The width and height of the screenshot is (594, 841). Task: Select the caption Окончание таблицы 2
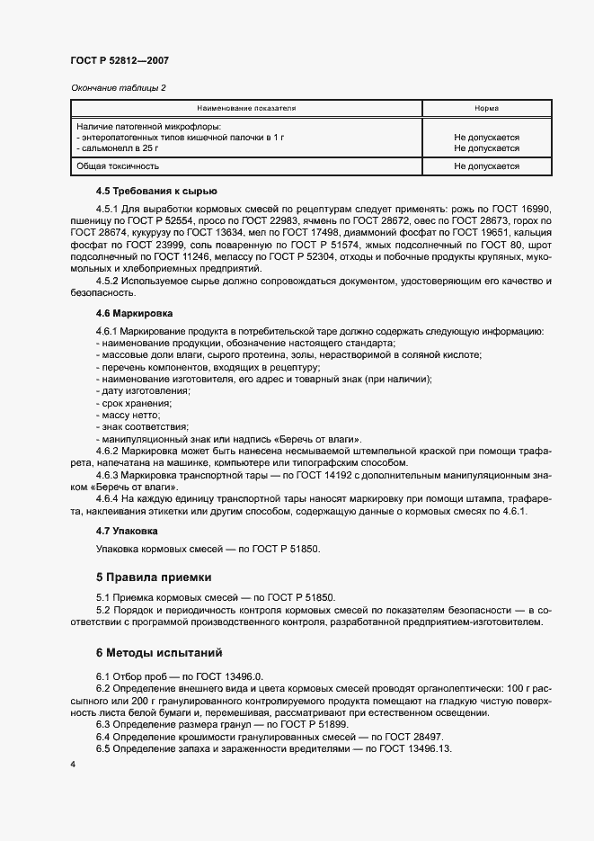(118, 87)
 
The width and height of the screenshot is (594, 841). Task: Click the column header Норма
(486, 108)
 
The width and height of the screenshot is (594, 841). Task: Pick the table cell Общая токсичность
(118, 166)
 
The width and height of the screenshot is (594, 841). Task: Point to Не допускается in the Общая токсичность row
(486, 166)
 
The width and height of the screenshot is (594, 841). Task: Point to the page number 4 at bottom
(72, 764)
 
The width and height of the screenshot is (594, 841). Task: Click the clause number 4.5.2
(108, 282)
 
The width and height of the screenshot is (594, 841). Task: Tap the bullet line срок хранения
(131, 403)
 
